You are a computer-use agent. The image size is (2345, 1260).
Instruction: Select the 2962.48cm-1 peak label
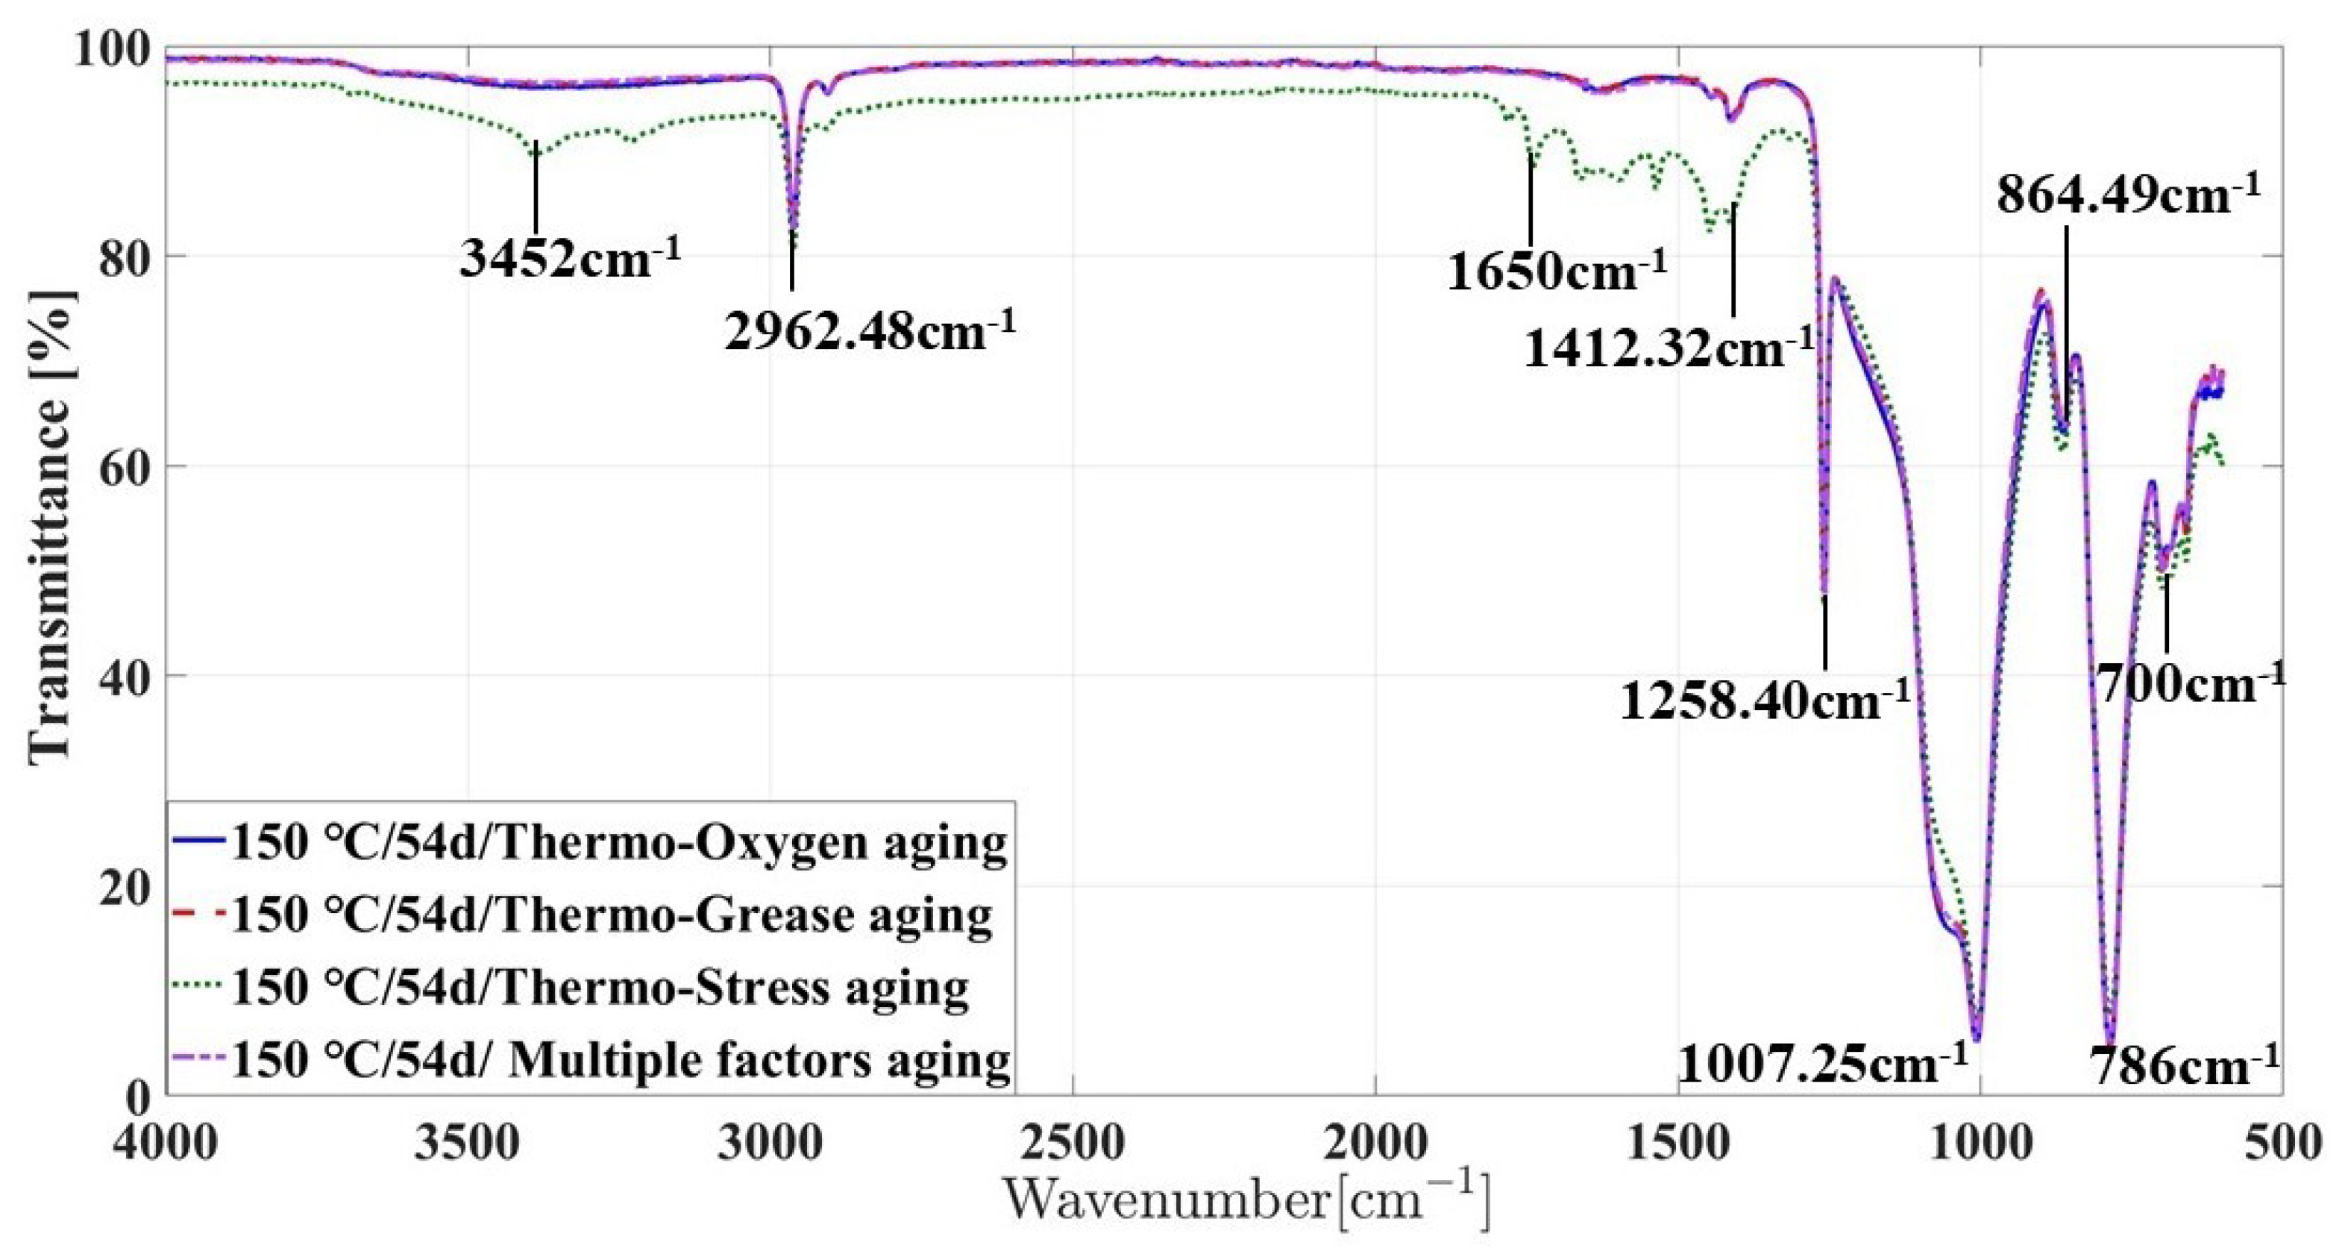(x=870, y=330)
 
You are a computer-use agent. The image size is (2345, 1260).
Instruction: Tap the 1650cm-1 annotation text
(x=1557, y=270)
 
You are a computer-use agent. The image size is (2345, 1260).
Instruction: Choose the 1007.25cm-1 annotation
(x=1821, y=1063)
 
